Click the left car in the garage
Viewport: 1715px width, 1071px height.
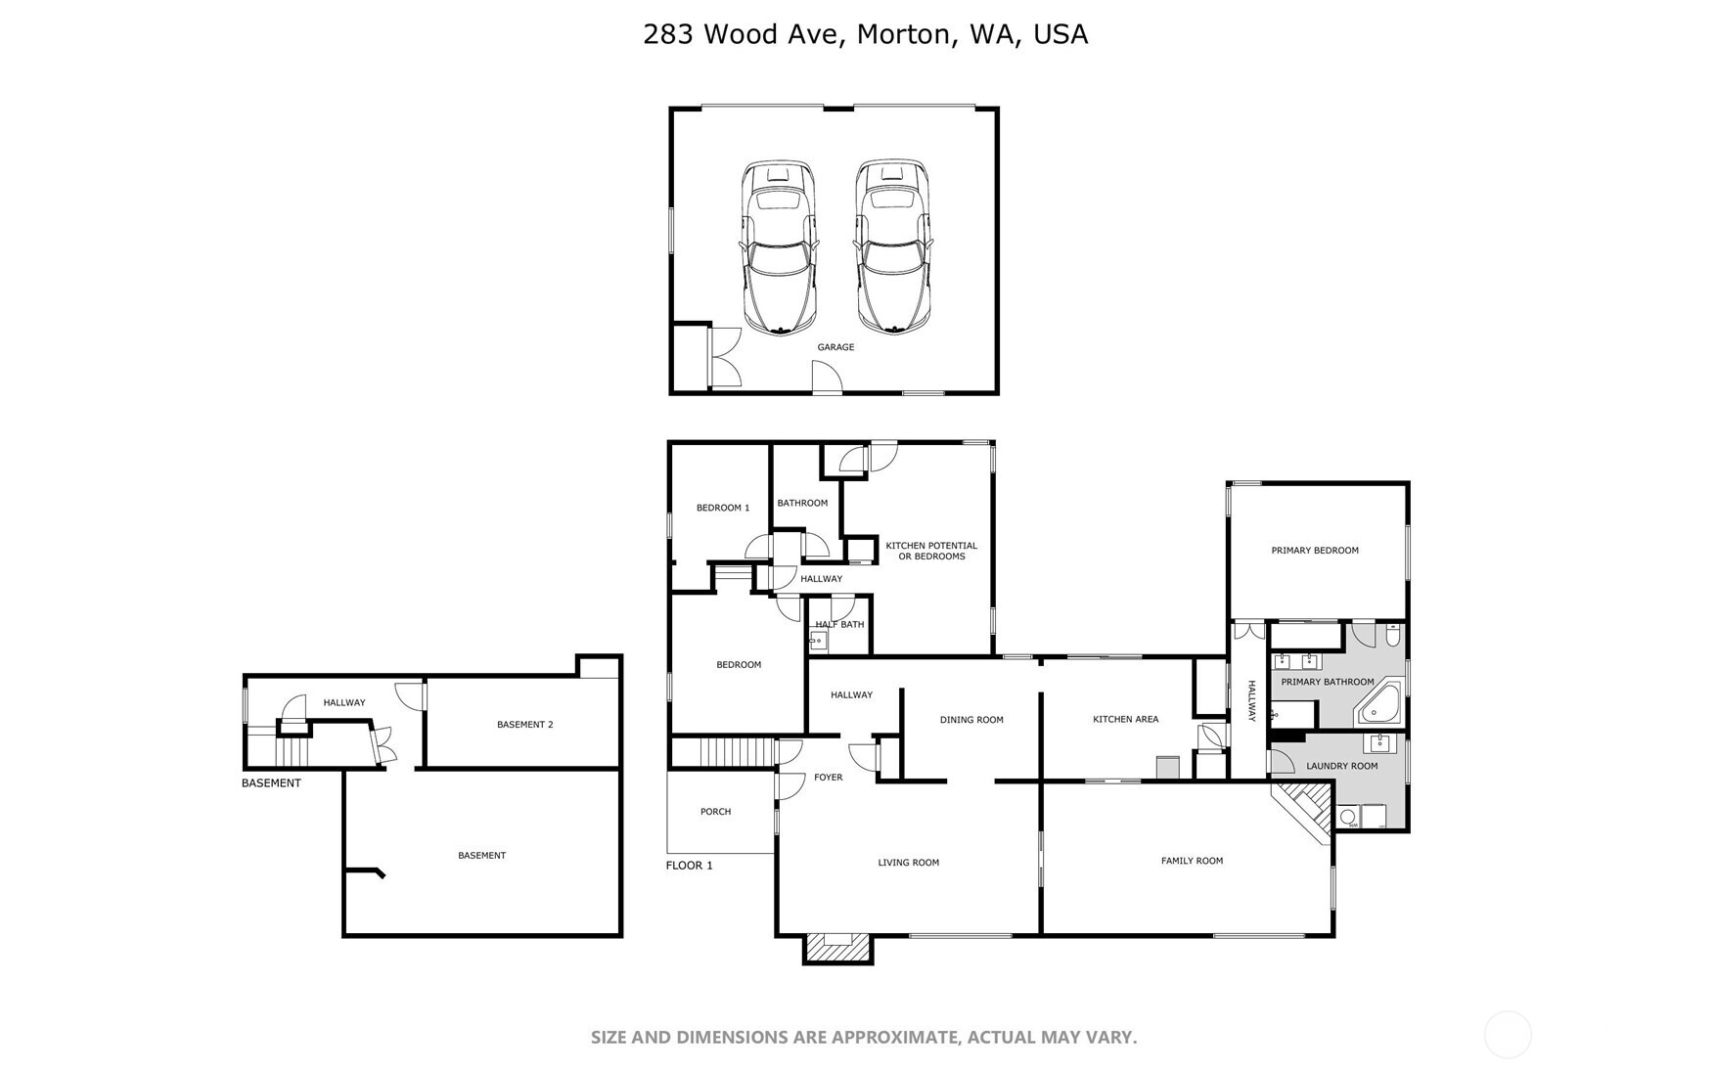point(779,248)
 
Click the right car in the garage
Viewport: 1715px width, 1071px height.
point(892,248)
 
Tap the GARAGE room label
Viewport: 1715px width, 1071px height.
point(835,347)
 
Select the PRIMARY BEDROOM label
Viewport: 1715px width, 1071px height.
point(1314,551)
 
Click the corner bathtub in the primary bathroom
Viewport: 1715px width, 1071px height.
point(1380,705)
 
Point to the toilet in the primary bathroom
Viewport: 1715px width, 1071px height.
point(1392,636)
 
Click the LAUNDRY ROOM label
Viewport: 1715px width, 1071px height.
point(1341,766)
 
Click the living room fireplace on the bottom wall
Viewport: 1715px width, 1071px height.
point(837,946)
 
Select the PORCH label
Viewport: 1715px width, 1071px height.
point(715,812)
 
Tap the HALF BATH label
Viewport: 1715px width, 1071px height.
point(839,624)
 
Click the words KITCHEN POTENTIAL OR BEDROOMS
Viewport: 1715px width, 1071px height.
point(931,551)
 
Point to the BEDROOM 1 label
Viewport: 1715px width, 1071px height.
point(722,508)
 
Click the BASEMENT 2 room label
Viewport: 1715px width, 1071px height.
point(524,725)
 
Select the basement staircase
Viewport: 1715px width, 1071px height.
point(292,752)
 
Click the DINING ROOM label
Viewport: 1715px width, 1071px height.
point(970,720)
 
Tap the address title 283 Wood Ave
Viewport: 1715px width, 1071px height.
point(865,34)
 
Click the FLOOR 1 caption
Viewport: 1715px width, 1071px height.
point(689,866)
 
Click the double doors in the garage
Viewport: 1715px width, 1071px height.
point(726,355)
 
